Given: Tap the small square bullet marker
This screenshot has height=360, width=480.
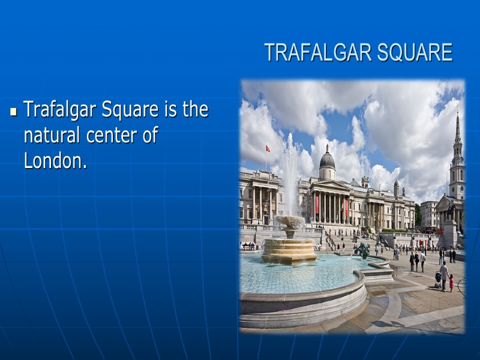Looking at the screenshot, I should [x=14, y=112].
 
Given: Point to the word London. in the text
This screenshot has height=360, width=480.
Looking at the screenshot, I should [x=55, y=161].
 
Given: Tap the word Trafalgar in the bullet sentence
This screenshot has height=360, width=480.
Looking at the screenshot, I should [x=60, y=110].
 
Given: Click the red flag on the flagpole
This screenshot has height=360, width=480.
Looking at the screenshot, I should [x=268, y=148].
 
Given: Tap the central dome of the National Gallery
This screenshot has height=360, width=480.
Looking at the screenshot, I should [x=327, y=161].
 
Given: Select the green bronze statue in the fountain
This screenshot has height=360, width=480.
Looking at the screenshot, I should [x=364, y=250].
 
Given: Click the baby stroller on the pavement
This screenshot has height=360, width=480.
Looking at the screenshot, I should [x=438, y=277].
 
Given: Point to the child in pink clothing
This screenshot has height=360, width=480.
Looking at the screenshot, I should [x=451, y=283].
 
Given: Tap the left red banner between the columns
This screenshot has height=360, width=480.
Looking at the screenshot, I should [x=317, y=206].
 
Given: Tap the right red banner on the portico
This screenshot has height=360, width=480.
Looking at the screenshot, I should [x=346, y=207].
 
